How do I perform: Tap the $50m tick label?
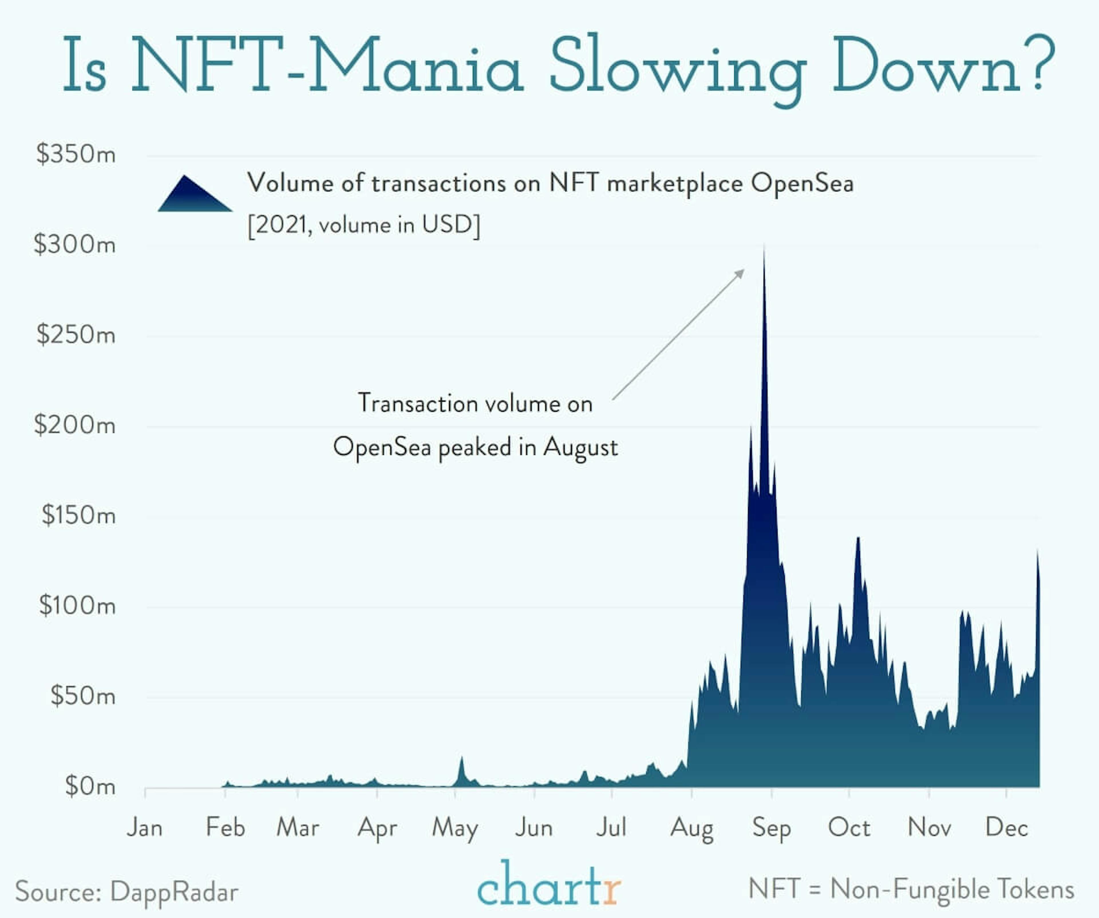(x=83, y=696)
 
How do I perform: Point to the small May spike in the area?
(x=461, y=759)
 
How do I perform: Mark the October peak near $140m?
(x=858, y=539)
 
